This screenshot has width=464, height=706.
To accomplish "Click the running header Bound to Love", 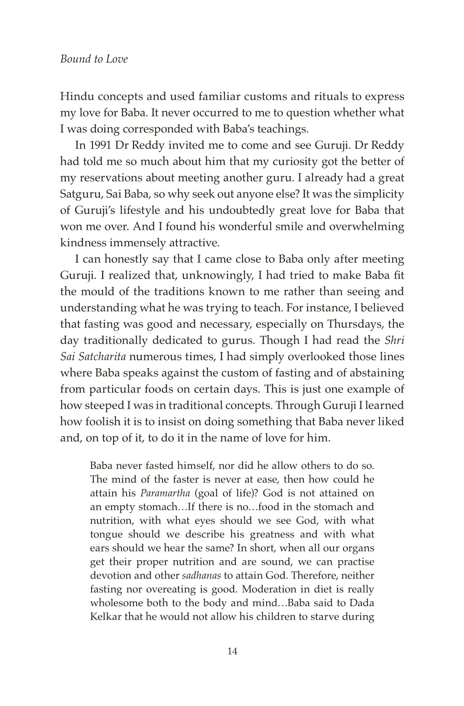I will point(94,59).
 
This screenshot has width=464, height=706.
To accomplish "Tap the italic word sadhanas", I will point(201,576).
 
